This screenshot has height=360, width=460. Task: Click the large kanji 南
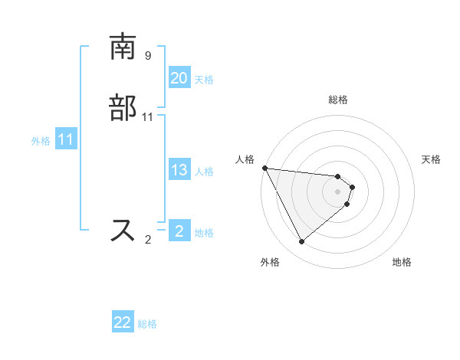click(x=123, y=48)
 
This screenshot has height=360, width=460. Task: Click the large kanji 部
click(x=123, y=109)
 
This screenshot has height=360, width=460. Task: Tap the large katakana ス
click(x=123, y=231)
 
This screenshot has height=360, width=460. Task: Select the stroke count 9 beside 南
click(x=148, y=56)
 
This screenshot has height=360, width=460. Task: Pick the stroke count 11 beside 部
click(x=148, y=117)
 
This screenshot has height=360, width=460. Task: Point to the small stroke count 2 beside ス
click(x=148, y=240)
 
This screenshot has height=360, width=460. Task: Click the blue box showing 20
click(x=179, y=78)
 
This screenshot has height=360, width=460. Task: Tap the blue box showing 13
click(x=179, y=170)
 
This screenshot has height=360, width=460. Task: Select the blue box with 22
click(x=123, y=323)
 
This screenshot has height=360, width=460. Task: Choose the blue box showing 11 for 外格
click(x=66, y=140)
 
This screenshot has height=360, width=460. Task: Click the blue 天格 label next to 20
click(x=204, y=80)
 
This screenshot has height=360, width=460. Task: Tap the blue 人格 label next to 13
click(x=204, y=172)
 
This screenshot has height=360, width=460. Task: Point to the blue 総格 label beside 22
click(x=147, y=325)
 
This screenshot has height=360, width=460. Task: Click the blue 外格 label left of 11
click(x=41, y=141)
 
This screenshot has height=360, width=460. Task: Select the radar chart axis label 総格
click(x=338, y=100)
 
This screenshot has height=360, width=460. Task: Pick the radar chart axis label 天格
click(x=432, y=159)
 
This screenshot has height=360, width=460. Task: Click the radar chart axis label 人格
click(x=245, y=159)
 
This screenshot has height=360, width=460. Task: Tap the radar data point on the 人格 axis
click(x=264, y=168)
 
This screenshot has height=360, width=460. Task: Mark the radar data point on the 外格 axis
click(x=301, y=242)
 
